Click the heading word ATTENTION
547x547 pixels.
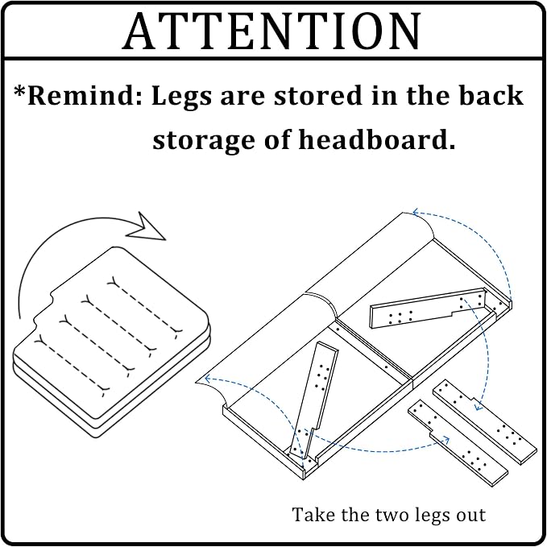(271, 31)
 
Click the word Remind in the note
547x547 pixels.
(85, 95)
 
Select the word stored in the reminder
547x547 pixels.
(318, 95)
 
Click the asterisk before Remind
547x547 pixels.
(19, 91)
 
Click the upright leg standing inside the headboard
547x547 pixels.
(313, 401)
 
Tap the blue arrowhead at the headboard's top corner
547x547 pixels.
(416, 212)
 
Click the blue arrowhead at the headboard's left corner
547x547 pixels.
(208, 379)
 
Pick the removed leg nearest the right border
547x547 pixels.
(485, 422)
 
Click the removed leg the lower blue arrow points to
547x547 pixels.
(458, 443)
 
